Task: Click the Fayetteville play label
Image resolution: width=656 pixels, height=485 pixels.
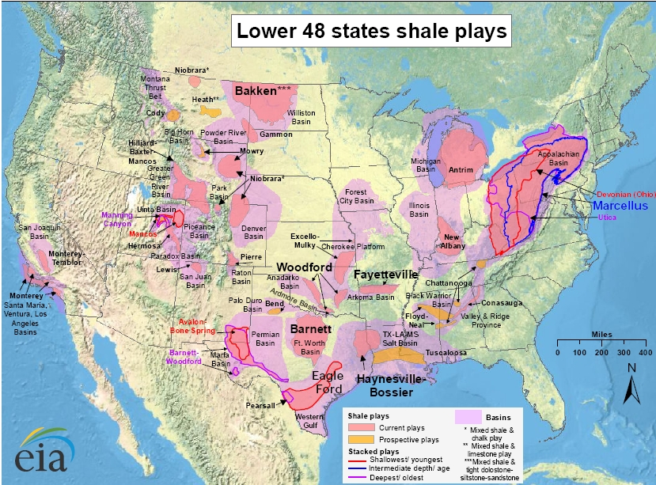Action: [385, 275]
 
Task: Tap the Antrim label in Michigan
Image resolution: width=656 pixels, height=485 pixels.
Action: [460, 169]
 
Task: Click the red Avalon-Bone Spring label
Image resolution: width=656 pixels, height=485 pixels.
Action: [191, 326]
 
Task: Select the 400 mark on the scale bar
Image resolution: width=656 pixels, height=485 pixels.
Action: [644, 352]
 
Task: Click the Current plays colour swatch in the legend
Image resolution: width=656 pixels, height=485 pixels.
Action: [360, 426]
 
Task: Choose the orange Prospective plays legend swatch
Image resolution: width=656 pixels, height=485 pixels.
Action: [360, 438]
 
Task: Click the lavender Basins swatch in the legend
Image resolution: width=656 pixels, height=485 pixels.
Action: [470, 416]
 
